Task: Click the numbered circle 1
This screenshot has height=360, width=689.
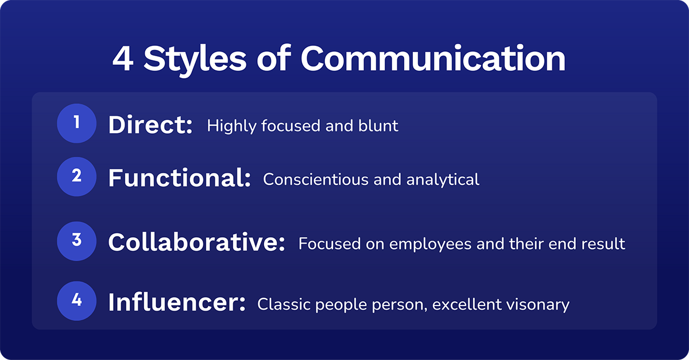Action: (x=76, y=123)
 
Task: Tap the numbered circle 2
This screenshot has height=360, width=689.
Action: (x=76, y=176)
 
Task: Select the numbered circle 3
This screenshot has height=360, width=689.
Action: (x=76, y=241)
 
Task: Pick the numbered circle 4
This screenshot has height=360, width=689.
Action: (x=76, y=300)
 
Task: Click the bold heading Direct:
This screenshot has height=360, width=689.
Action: (x=150, y=126)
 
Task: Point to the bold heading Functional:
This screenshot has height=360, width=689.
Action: (x=179, y=179)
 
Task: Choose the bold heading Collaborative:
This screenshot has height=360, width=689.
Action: (x=196, y=243)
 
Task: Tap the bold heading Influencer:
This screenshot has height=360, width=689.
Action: (x=177, y=303)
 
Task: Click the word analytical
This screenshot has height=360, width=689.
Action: (x=443, y=179)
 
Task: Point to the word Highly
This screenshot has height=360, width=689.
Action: (x=231, y=126)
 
